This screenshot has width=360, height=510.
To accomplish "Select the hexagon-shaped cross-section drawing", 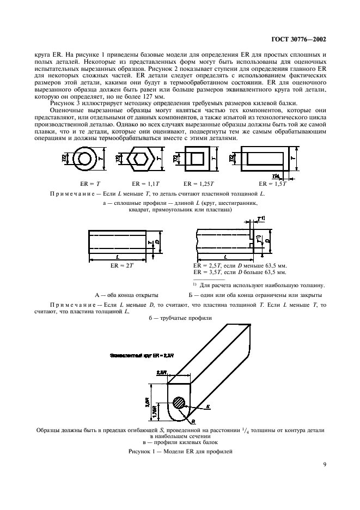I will [x=137, y=161].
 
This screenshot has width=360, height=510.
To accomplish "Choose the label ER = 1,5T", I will [x=272, y=184].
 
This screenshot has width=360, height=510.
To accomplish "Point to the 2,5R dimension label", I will [x=161, y=372].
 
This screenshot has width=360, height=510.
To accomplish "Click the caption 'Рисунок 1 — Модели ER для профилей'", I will [x=180, y=451].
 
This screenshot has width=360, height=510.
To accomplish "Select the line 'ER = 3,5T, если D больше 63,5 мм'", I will [x=240, y=272].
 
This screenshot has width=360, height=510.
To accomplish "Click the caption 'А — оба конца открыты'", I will [x=127, y=294].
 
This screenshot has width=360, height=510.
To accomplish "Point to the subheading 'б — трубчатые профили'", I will [x=180, y=317].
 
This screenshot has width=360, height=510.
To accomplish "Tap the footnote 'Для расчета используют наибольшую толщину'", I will [x=262, y=284].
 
